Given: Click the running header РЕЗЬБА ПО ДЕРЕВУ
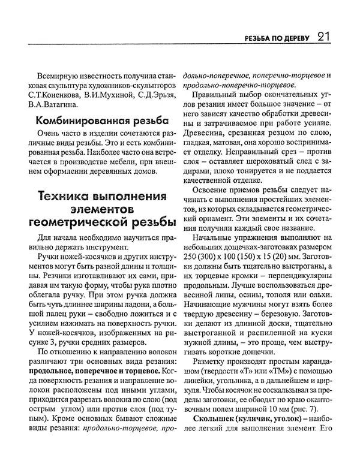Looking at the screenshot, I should [275, 39].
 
